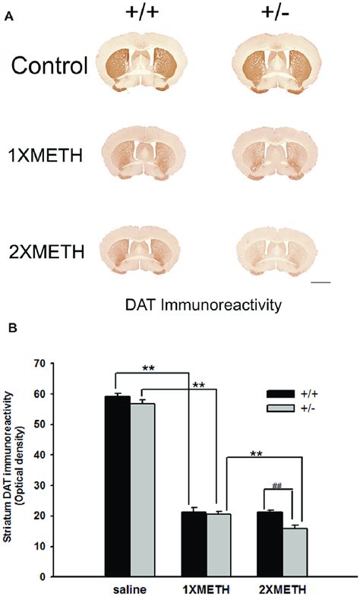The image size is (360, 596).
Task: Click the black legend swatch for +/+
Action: point(280,394)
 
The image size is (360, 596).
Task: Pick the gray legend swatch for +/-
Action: point(280,408)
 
